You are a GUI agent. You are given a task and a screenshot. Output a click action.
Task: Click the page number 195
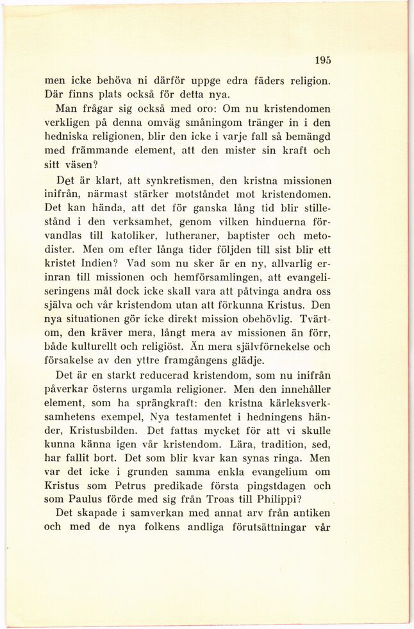[x=323, y=61]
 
